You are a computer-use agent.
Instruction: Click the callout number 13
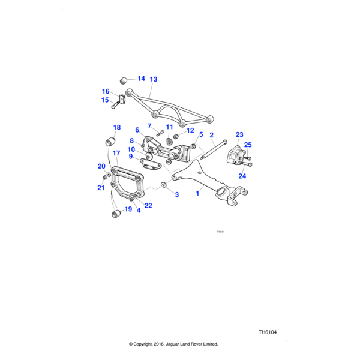click(154, 79)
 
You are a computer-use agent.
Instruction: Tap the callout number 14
click(141, 79)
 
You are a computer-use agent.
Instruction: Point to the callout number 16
click(106, 92)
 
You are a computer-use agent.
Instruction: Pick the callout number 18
click(117, 127)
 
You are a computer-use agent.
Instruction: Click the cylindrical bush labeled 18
click(110, 142)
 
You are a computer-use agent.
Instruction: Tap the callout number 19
click(128, 209)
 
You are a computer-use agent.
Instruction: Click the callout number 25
click(248, 145)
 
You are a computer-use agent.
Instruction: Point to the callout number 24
click(242, 176)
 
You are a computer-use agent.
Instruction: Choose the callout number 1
click(198, 194)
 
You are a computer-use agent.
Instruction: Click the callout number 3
click(177, 195)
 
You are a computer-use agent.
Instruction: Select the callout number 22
click(148, 206)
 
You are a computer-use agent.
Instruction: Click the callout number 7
click(150, 126)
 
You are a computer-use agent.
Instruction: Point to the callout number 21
click(101, 188)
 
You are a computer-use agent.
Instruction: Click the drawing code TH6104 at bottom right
click(271, 332)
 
